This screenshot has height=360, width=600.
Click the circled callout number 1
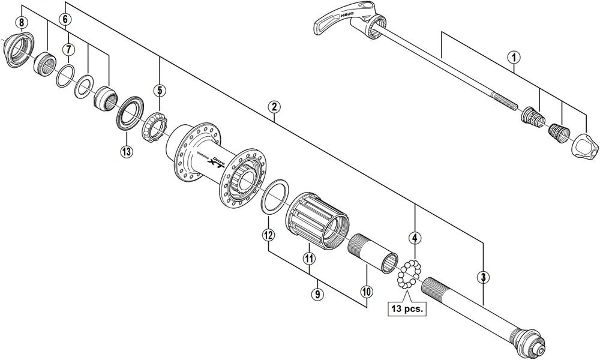(x=513, y=57)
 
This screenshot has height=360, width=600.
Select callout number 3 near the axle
(x=483, y=277)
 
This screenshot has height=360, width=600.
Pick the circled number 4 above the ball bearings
(x=414, y=238)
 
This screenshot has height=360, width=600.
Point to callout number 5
(x=159, y=91)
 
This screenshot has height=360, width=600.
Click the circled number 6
(x=65, y=19)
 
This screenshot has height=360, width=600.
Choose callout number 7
(x=69, y=48)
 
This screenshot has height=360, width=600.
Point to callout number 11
(x=309, y=259)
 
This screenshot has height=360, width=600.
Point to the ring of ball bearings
(x=409, y=273)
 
